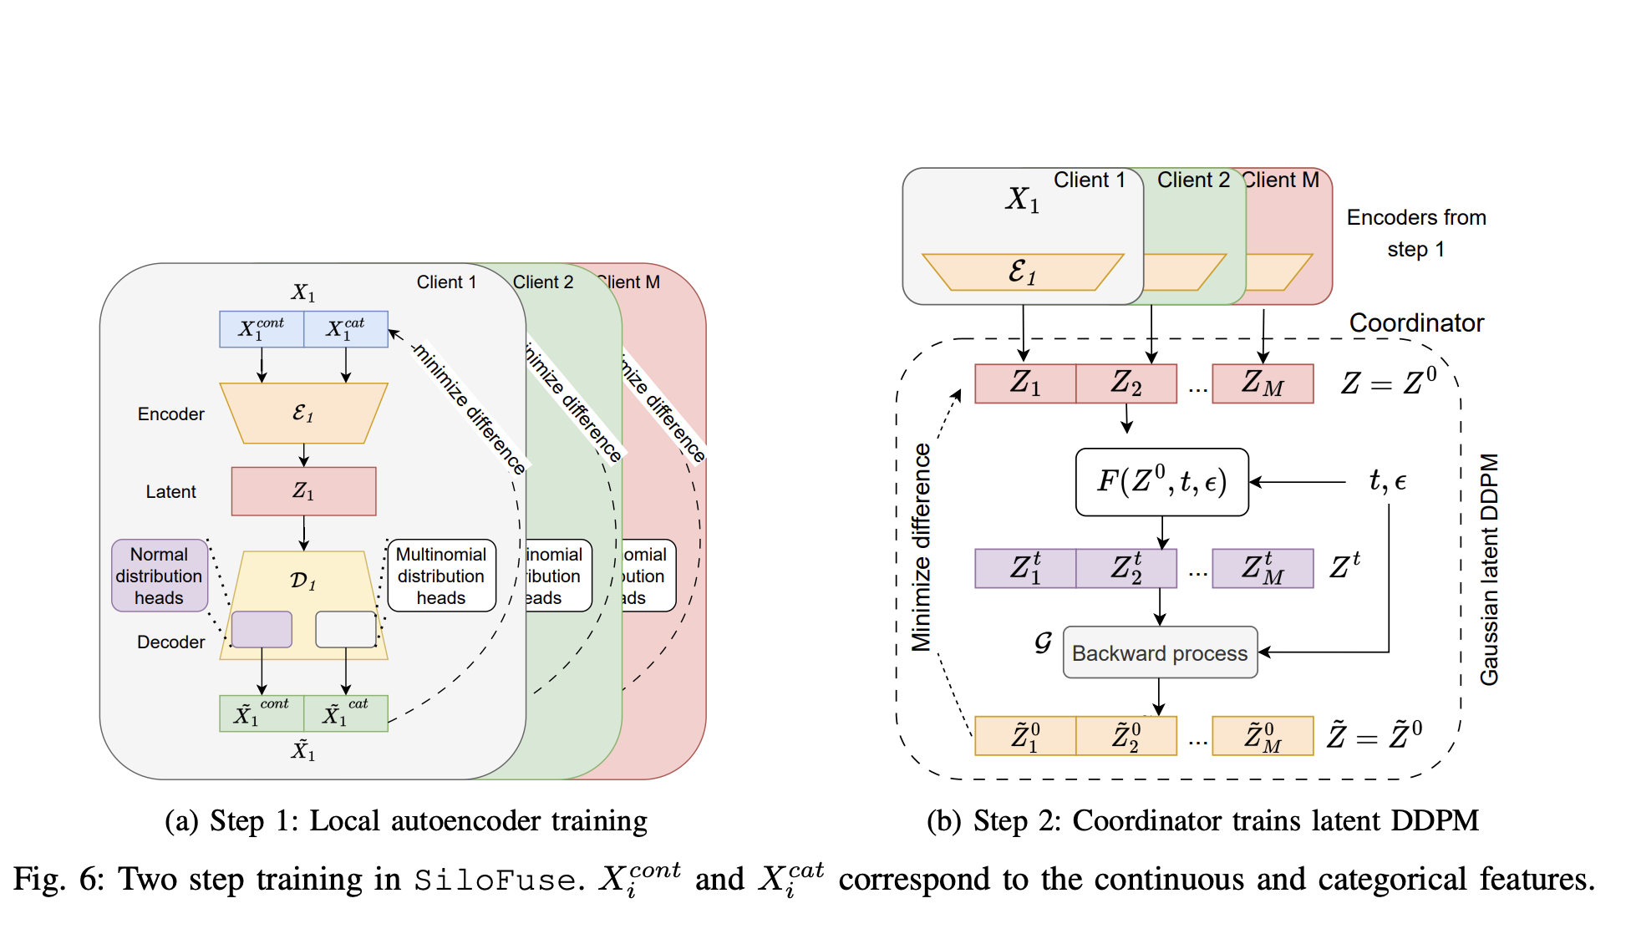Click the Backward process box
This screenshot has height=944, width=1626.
1160,652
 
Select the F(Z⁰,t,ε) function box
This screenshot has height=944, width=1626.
1161,482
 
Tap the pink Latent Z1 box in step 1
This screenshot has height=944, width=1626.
303,491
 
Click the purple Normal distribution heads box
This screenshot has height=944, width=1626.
160,576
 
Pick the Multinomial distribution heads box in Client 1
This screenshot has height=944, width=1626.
441,576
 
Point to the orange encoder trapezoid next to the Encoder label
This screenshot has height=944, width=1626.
303,413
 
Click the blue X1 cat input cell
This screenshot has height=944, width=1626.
346,329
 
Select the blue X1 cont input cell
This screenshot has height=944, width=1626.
262,329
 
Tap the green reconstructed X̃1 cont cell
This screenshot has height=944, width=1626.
262,713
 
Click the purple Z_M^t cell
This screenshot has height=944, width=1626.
1263,569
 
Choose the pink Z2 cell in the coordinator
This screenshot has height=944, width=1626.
1125,383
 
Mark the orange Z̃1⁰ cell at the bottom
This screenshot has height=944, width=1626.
1025,736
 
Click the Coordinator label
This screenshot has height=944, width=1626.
1416,323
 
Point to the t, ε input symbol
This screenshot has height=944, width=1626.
1387,481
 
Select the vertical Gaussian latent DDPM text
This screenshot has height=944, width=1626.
1489,569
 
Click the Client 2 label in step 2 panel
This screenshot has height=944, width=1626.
1193,180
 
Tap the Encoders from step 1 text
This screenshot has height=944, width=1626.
1416,233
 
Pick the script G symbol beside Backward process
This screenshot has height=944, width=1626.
1043,642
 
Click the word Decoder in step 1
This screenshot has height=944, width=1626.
170,642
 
